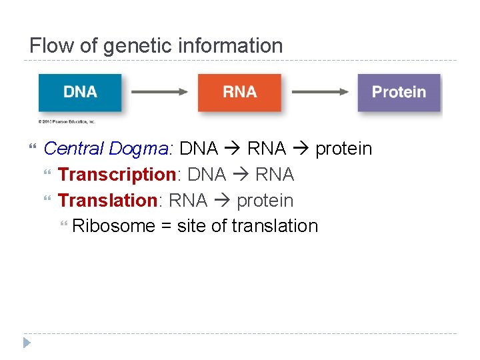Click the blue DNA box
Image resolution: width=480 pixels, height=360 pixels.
coord(80,92)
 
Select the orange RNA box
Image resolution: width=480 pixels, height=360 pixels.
coord(239,92)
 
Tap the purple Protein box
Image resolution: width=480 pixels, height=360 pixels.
coord(399,92)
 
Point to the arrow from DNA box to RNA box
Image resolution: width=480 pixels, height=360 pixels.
coord(159,92)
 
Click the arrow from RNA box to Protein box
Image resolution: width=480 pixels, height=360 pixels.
coord(320,92)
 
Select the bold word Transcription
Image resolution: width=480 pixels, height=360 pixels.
coord(117,175)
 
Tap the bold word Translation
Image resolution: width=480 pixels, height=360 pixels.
coord(107,200)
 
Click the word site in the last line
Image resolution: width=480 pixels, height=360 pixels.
coord(191,226)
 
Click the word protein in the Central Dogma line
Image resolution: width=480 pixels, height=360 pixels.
coord(343,149)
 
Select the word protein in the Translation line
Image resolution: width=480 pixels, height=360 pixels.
coord(265,200)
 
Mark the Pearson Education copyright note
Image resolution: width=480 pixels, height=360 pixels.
coord(67,121)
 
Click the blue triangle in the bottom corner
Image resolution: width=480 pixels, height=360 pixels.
coord(26,343)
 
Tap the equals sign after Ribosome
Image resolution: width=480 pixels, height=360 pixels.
coord(166,226)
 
